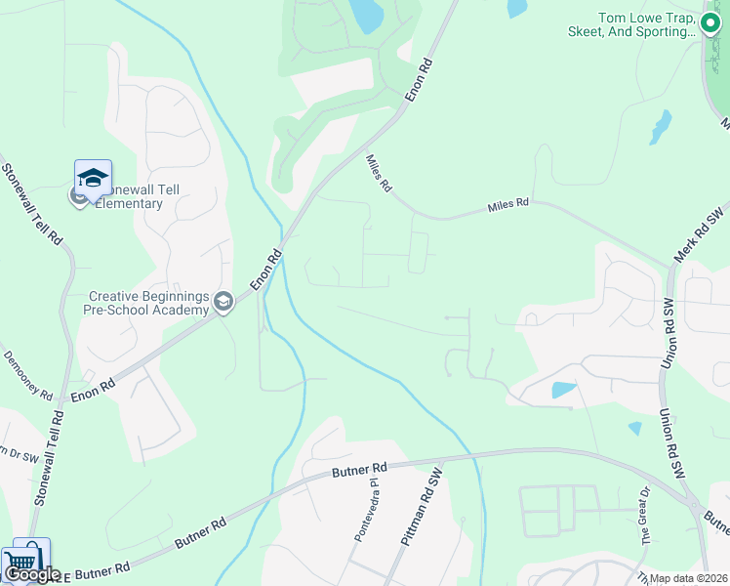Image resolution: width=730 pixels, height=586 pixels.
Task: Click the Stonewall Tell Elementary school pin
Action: pyautogui.click(x=93, y=179)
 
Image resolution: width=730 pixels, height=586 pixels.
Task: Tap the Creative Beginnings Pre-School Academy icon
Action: pyautogui.click(x=223, y=303)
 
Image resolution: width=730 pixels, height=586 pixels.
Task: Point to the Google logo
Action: pyautogui.click(x=31, y=574)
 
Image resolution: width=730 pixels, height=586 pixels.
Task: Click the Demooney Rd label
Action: pyautogui.click(x=26, y=376)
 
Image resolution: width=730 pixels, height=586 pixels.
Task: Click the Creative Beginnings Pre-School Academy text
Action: pyautogui.click(x=148, y=303)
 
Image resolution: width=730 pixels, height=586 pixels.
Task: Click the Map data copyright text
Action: pyautogui.click(x=688, y=578)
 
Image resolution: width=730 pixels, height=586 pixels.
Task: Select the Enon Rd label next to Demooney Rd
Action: pyautogui.click(x=93, y=390)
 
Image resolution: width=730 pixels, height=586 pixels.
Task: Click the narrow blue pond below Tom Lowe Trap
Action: pyautogui.click(x=662, y=126)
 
